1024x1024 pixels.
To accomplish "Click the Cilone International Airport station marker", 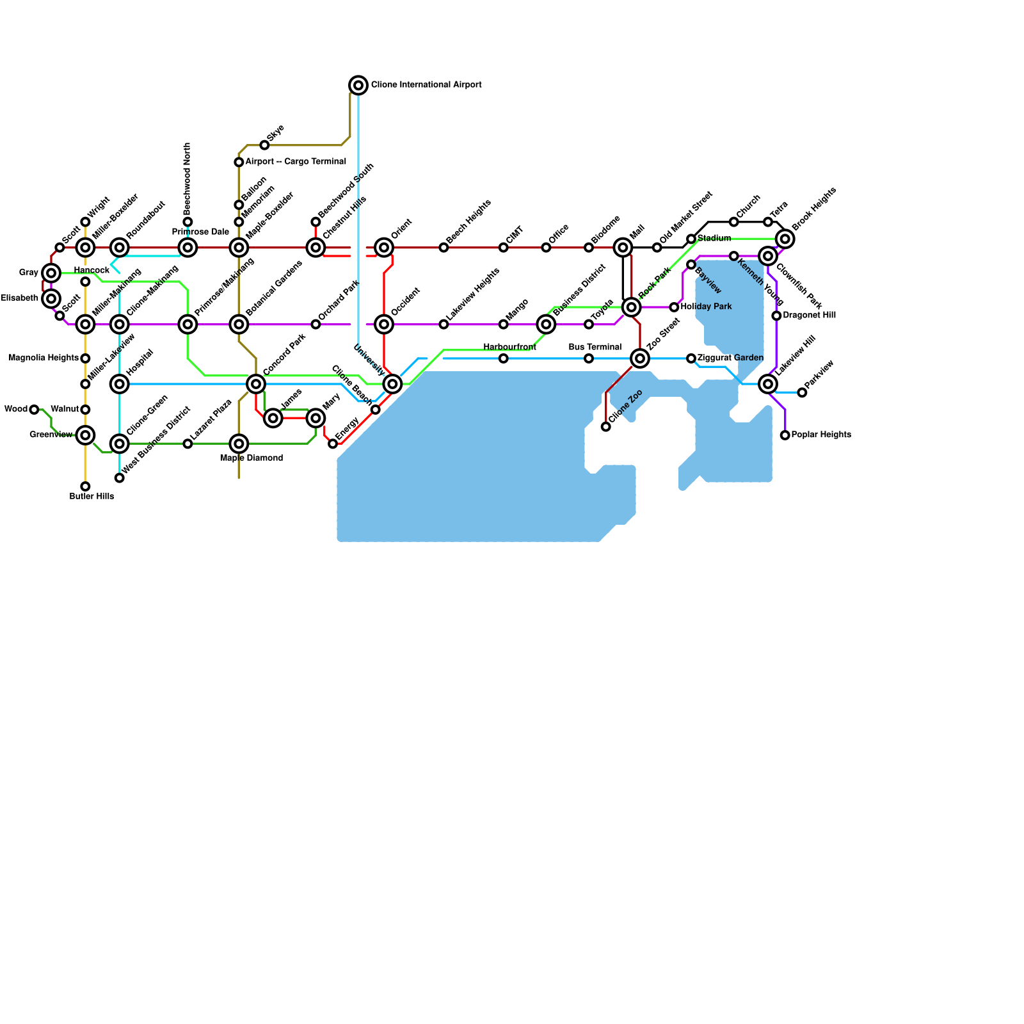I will (x=358, y=85).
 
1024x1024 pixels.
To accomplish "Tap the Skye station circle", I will (x=264, y=145).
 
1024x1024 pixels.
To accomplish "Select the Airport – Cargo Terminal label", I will (x=296, y=162).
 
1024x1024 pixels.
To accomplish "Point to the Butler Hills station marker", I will (x=85, y=486).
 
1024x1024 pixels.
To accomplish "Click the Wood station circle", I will (x=35, y=410).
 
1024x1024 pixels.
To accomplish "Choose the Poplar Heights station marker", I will (x=785, y=435).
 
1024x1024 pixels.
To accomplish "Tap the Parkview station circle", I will (x=802, y=392).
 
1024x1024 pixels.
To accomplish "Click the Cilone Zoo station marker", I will (x=606, y=427).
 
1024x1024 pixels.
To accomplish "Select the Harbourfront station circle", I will (x=504, y=358).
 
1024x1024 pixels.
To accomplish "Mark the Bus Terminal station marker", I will (x=589, y=358).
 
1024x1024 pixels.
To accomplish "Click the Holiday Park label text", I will (x=706, y=307).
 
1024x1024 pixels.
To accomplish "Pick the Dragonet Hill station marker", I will (x=776, y=316).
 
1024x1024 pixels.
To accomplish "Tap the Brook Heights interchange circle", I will (x=785, y=239).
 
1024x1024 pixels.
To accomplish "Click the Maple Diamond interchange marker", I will (x=239, y=444).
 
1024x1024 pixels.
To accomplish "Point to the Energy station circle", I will (x=333, y=444).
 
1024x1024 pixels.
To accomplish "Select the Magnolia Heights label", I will (x=44, y=358).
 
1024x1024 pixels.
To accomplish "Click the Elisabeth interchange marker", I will (x=51, y=299).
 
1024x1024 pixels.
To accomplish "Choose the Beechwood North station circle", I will (x=188, y=222).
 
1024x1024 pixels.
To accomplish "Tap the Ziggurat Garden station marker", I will (x=691, y=358).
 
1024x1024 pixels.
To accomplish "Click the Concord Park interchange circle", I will (x=256, y=384).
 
